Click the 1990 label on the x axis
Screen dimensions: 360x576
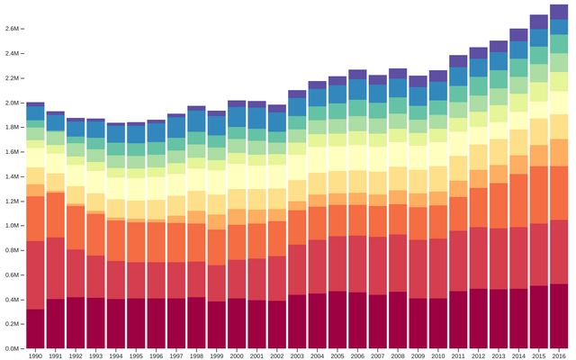click(x=36, y=356)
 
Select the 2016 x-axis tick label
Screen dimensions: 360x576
click(x=559, y=356)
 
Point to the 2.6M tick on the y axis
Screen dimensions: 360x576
click(x=13, y=29)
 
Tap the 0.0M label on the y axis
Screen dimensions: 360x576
click(x=13, y=348)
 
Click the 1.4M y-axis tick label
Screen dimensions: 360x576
click(x=13, y=176)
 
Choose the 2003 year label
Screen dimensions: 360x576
click(x=297, y=356)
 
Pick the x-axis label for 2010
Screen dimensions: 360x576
click(x=438, y=356)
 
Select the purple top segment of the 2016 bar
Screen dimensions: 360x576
click(x=559, y=12)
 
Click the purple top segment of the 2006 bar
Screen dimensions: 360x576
click(x=357, y=75)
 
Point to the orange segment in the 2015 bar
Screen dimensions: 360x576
click(x=539, y=194)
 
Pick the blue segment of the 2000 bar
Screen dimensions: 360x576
click(x=237, y=117)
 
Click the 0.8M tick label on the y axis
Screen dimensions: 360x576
click(x=13, y=250)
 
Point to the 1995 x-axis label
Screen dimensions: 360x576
click(x=136, y=356)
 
